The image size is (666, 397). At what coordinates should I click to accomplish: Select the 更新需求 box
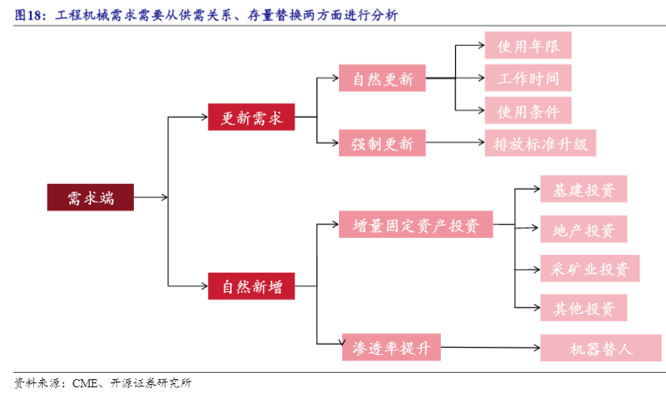pyautogui.click(x=251, y=117)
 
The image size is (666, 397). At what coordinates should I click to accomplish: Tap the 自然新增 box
pyautogui.click(x=251, y=286)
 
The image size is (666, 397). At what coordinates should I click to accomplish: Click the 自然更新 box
pyautogui.click(x=382, y=79)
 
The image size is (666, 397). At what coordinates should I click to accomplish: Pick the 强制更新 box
pyautogui.click(x=382, y=144)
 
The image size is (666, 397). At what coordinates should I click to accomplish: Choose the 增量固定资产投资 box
pyautogui.click(x=416, y=224)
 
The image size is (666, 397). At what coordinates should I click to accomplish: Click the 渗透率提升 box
pyautogui.click(x=392, y=348)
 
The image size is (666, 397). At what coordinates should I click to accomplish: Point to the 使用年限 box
pyautogui.click(x=528, y=45)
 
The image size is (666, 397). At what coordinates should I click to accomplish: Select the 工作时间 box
pyautogui.click(x=528, y=78)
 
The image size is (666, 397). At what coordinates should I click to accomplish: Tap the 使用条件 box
pyautogui.click(x=528, y=110)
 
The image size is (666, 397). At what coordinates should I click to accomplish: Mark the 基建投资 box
pyautogui.click(x=584, y=190)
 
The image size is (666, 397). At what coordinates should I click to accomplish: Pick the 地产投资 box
pyautogui.click(x=584, y=230)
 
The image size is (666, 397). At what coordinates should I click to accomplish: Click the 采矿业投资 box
pyautogui.click(x=589, y=269)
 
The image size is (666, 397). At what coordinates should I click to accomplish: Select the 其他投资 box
pyautogui.click(x=584, y=307)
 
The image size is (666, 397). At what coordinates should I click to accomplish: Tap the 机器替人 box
pyautogui.click(x=601, y=349)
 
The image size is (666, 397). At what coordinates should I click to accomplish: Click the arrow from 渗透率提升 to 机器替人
pyautogui.click(x=491, y=348)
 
